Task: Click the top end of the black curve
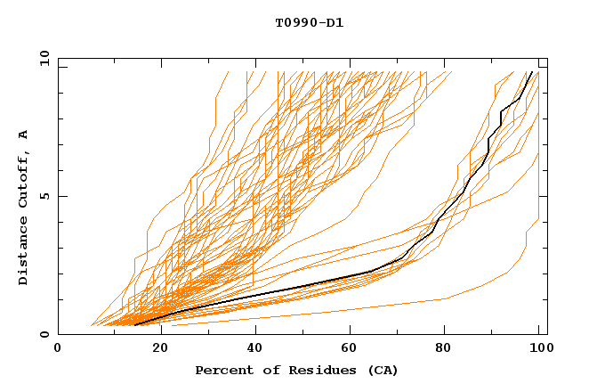pos(531,72)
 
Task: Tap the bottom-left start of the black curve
pos(134,325)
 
